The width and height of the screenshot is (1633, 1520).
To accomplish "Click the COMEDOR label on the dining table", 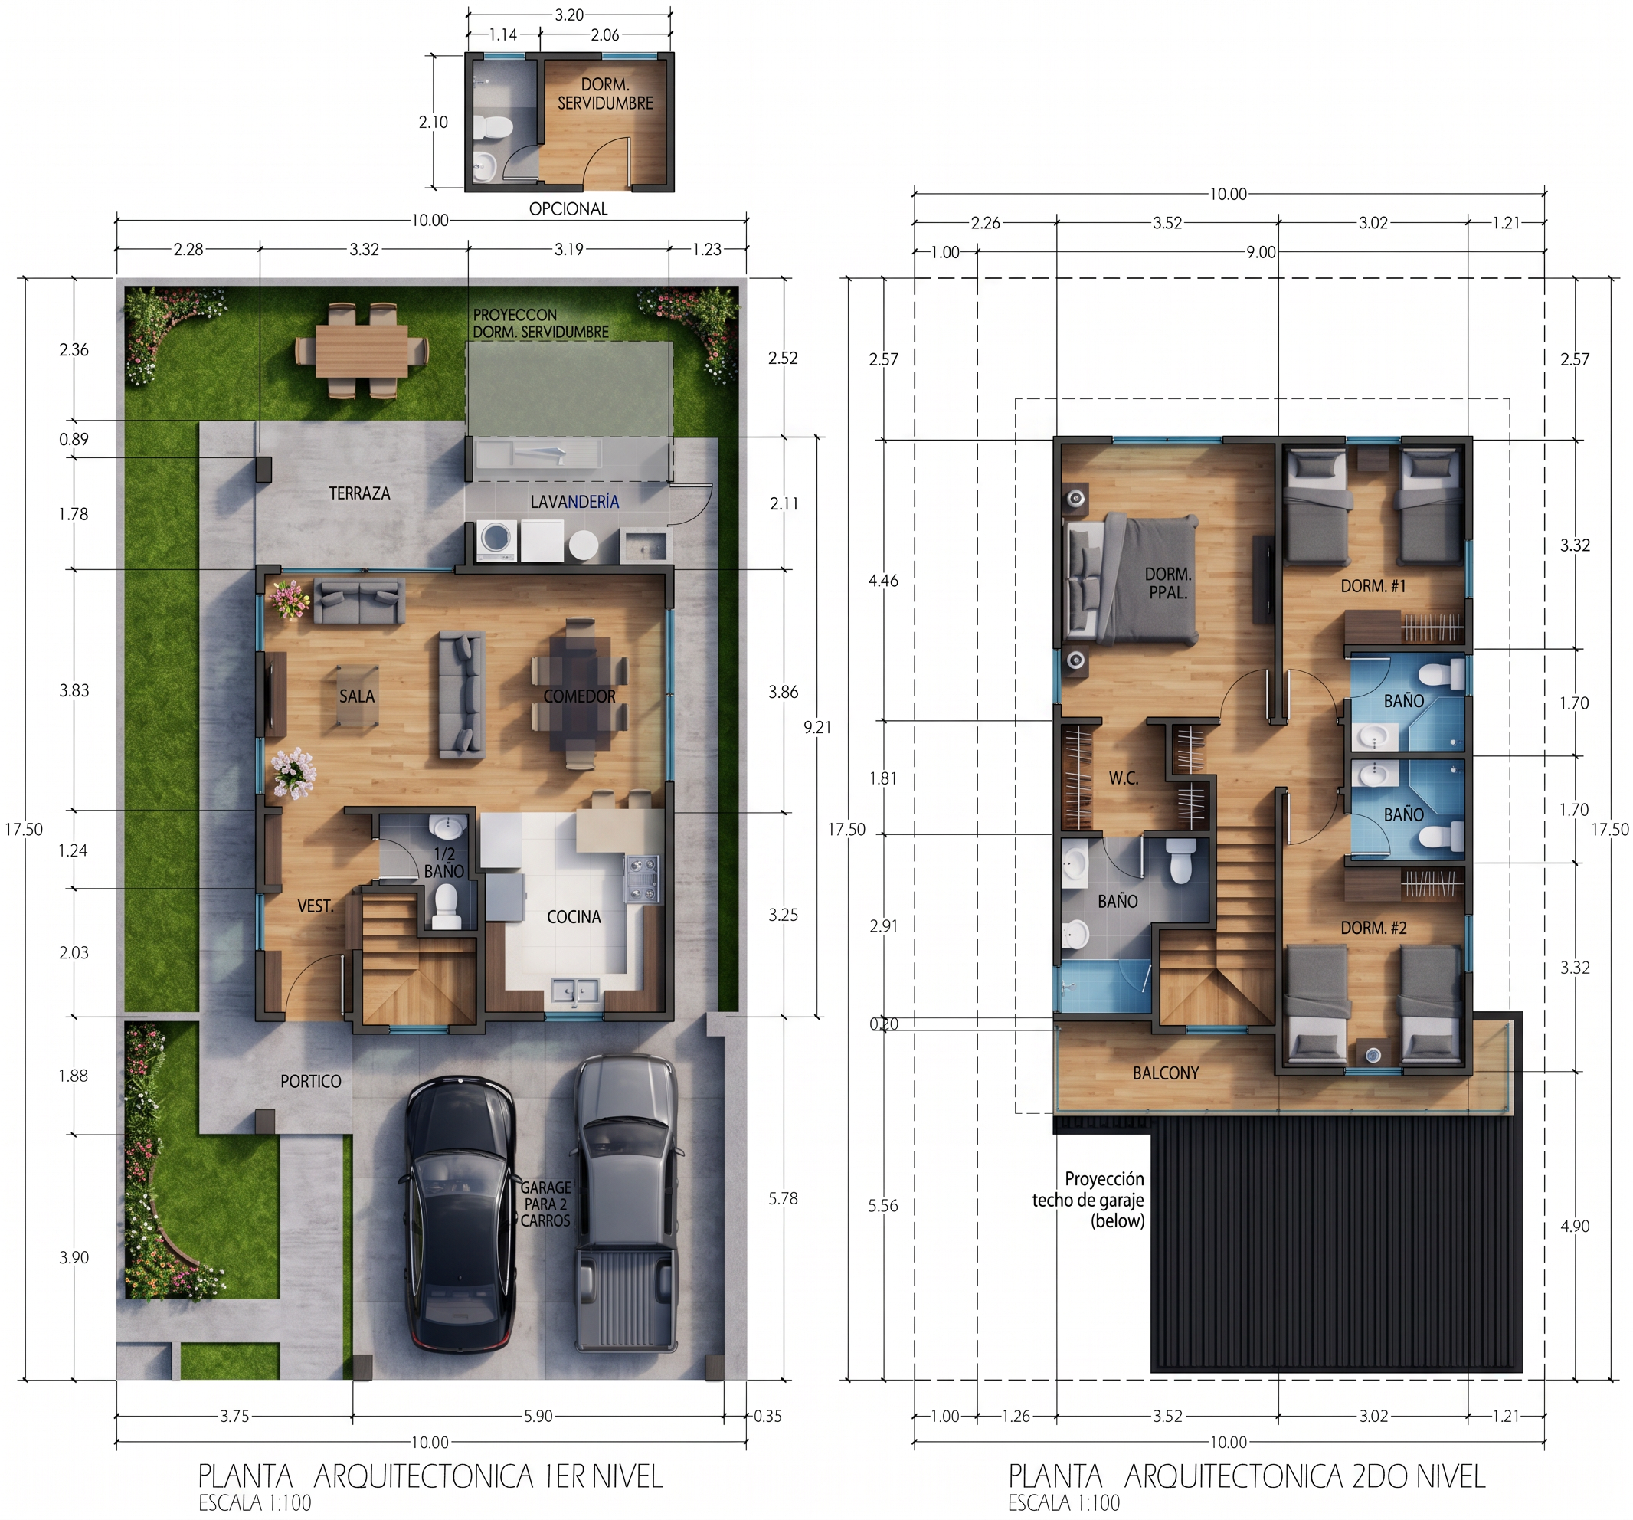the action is pyautogui.click(x=579, y=696).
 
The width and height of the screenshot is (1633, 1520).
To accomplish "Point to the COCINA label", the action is pyautogui.click(x=574, y=916).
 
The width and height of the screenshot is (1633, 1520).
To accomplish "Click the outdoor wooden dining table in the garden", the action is pyautogui.click(x=362, y=350).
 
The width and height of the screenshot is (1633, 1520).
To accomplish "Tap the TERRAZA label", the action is pyautogui.click(x=359, y=493).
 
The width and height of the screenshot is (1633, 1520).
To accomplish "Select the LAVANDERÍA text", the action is pyautogui.click(x=574, y=501).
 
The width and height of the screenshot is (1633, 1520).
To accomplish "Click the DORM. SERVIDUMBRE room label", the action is pyautogui.click(x=605, y=93).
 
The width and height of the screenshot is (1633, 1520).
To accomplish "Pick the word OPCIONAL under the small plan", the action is pyautogui.click(x=568, y=208).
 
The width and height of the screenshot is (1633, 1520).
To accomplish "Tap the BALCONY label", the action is pyautogui.click(x=1165, y=1073).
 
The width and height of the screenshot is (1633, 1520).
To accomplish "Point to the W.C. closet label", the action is pyautogui.click(x=1123, y=778).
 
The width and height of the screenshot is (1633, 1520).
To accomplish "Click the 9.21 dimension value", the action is pyautogui.click(x=817, y=727).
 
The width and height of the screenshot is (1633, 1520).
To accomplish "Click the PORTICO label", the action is pyautogui.click(x=310, y=1081).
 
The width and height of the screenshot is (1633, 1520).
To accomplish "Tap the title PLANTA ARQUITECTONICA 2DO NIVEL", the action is pyautogui.click(x=1247, y=1476).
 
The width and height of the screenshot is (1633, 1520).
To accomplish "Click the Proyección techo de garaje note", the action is pyautogui.click(x=1088, y=1201).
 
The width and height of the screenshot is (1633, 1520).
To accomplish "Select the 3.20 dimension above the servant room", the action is pyautogui.click(x=569, y=14).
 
